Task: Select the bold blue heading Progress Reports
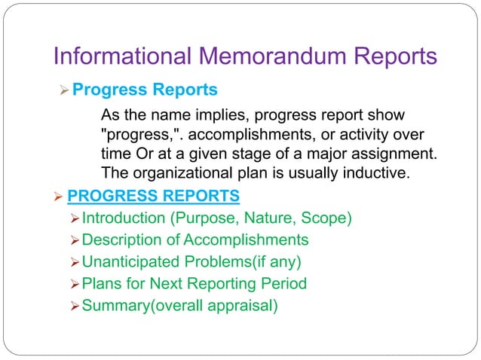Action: tap(145, 90)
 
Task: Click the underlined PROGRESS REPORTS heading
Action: tap(154, 197)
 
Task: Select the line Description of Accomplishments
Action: tap(195, 240)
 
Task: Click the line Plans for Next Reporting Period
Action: tap(194, 284)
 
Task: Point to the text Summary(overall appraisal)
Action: tap(179, 306)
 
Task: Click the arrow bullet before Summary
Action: tap(73, 306)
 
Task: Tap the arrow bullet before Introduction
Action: tap(73, 218)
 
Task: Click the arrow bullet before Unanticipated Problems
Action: tap(73, 262)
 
